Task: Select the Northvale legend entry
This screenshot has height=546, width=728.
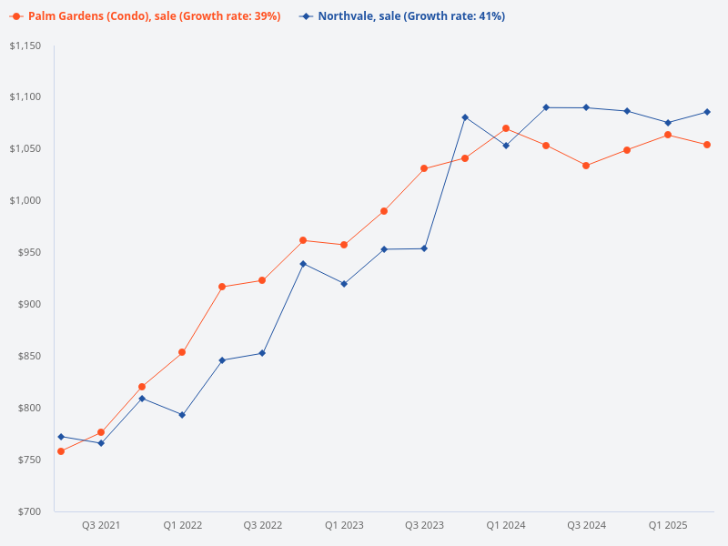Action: pyautogui.click(x=409, y=16)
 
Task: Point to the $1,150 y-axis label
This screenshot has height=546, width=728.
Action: pyautogui.click(x=26, y=45)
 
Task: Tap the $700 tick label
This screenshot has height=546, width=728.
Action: pyautogui.click(x=30, y=511)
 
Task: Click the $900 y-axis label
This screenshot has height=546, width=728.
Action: pyautogui.click(x=30, y=304)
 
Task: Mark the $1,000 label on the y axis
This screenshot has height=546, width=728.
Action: pyautogui.click(x=26, y=200)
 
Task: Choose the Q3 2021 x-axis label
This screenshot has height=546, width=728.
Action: pyautogui.click(x=101, y=525)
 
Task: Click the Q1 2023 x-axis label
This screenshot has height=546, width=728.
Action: pyautogui.click(x=344, y=525)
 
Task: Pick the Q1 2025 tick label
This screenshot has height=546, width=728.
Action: pyautogui.click(x=667, y=525)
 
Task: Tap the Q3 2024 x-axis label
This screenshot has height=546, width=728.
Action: pyautogui.click(x=586, y=525)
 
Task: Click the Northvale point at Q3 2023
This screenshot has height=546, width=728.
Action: pyautogui.click(x=424, y=248)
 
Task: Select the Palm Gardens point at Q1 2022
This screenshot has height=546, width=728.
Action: pyautogui.click(x=182, y=352)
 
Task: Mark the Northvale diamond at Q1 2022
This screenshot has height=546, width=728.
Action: pyautogui.click(x=182, y=415)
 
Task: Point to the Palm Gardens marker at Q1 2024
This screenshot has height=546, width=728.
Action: pyautogui.click(x=506, y=128)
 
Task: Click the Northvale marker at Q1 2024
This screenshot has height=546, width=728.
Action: pyautogui.click(x=506, y=146)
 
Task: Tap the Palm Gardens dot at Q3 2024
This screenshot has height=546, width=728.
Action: pyautogui.click(x=586, y=166)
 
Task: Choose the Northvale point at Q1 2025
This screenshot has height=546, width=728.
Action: pyautogui.click(x=667, y=123)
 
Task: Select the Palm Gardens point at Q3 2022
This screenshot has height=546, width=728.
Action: pyautogui.click(x=262, y=280)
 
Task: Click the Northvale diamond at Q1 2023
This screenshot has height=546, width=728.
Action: pyautogui.click(x=344, y=284)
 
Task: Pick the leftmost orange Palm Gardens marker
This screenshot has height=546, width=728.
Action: pyautogui.click(x=61, y=451)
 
